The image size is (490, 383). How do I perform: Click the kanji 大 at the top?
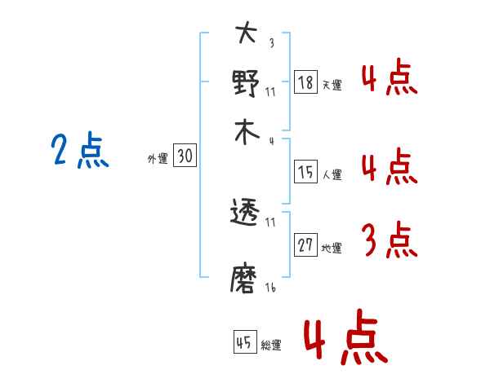click(246, 35)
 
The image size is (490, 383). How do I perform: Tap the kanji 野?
click(246, 83)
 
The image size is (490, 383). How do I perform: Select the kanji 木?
click(246, 133)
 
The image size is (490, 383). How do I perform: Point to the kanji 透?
click(246, 214)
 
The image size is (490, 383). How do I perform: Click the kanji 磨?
click(246, 279)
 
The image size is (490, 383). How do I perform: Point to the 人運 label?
click(332, 174)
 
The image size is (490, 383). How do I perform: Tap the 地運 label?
click(332, 249)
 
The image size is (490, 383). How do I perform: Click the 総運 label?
click(271, 345)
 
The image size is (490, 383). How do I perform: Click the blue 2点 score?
click(80, 152)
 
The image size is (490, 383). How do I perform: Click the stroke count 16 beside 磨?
click(270, 288)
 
